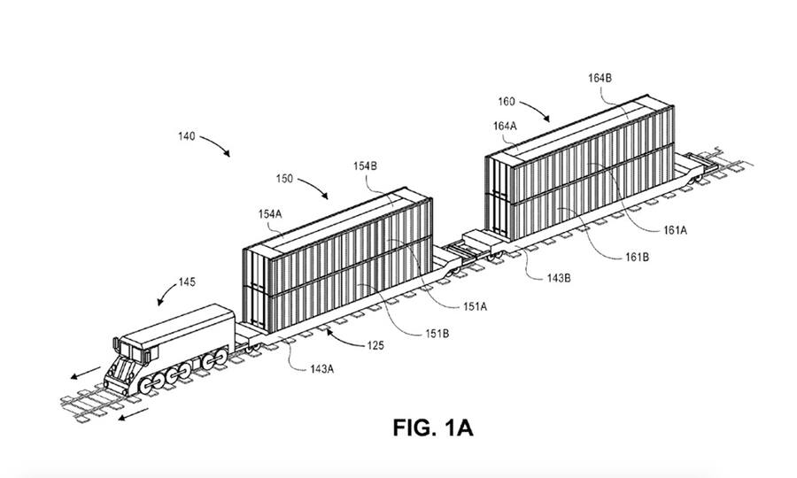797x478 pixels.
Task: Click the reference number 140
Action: point(186,136)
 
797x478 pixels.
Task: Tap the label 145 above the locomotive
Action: point(187,282)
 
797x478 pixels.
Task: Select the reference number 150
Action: point(284,179)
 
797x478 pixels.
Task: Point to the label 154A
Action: point(269,214)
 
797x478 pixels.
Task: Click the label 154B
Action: point(365,166)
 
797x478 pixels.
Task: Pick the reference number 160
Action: point(507,102)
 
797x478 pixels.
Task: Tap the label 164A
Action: point(505,126)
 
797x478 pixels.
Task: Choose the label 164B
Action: point(600,78)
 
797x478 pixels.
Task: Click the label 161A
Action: point(675,230)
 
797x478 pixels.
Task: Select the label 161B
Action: point(637,257)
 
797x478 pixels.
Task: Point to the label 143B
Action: point(559,278)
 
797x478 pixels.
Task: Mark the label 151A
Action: point(475,307)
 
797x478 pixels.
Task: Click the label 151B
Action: point(437,334)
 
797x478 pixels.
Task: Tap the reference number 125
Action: point(375,346)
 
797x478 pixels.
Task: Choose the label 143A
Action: point(321,369)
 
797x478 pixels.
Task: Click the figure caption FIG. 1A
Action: point(433,428)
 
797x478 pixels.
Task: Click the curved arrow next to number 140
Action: point(217,143)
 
